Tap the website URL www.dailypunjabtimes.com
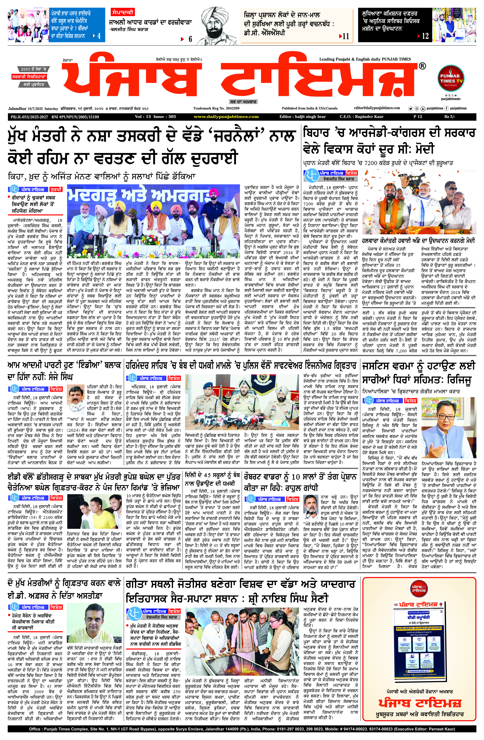point(226,117)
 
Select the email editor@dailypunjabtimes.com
point(377,108)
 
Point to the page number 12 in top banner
point(425,36)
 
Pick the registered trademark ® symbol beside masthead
point(422,66)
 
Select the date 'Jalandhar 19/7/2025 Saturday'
point(33,109)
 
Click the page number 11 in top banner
point(346,36)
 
